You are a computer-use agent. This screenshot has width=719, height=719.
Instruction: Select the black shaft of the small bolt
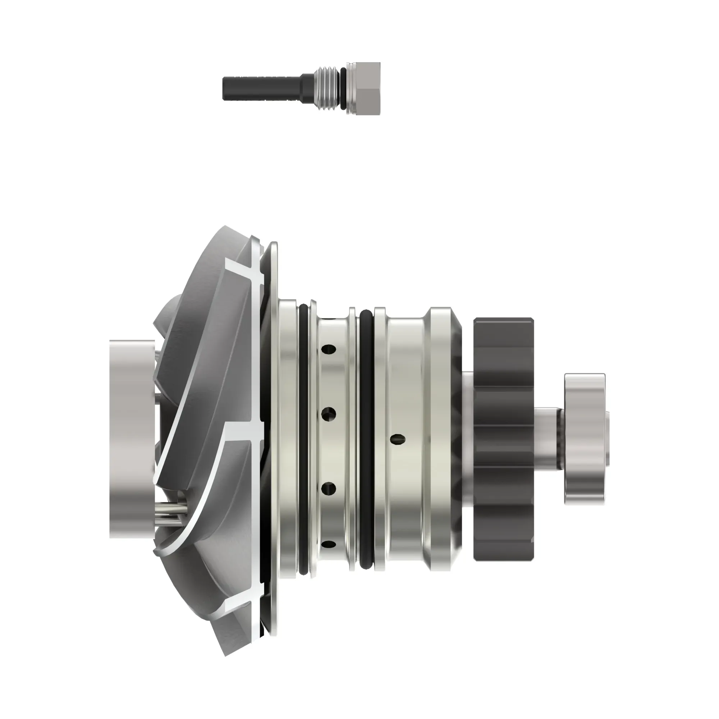click(261, 88)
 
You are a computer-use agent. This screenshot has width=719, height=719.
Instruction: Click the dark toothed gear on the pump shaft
click(503, 439)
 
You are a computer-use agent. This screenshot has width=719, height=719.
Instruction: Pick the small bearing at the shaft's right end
click(584, 439)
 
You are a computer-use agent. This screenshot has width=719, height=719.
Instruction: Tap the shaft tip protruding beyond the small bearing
click(607, 439)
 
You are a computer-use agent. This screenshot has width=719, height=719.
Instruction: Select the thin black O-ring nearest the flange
click(303, 439)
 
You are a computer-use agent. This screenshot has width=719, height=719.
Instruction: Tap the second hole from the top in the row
click(329, 414)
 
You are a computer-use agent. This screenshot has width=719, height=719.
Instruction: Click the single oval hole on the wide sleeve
click(398, 439)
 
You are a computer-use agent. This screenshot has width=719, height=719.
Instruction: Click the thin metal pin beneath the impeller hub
click(169, 508)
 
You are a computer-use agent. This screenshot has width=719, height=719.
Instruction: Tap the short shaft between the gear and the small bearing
click(549, 439)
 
